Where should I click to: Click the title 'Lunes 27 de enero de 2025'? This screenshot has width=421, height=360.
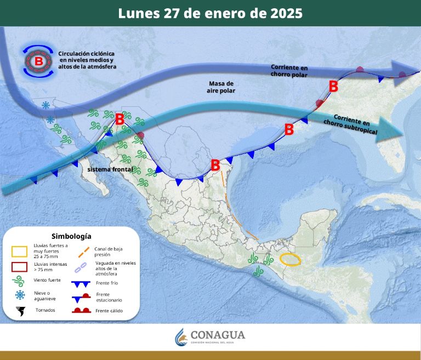coord(210,13)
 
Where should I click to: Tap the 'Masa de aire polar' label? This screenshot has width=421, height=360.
coord(221,87)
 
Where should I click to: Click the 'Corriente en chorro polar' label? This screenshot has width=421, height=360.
coord(289,70)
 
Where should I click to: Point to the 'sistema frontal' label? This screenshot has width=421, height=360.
coord(110,169)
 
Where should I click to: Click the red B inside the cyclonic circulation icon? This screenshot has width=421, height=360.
coord(38,61)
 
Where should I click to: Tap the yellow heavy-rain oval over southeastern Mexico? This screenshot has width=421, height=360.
coord(290,259)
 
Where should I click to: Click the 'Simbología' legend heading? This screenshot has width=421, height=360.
coord(71,236)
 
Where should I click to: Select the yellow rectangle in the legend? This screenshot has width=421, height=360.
coord(20,252)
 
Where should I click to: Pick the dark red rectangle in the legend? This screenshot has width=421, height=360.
coord(20,267)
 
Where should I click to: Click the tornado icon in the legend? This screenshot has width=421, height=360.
coord(21,311)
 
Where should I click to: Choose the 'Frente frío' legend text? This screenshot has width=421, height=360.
coord(106,283)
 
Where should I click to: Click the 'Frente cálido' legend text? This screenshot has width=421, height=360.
coord(109,311)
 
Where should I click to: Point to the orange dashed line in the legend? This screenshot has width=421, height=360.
coord(84,251)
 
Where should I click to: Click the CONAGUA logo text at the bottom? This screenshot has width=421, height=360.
coord(218,335)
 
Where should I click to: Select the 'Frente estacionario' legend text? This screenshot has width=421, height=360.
coord(109,297)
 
